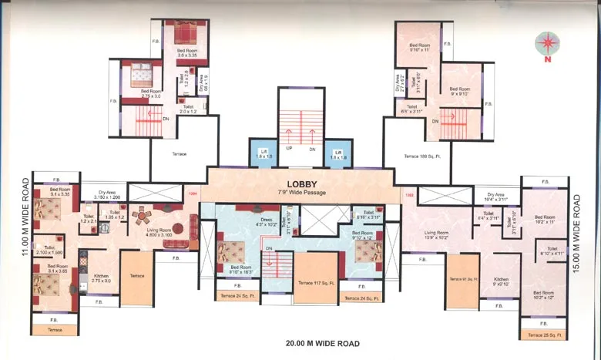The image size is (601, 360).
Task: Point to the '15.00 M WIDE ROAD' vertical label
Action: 576,230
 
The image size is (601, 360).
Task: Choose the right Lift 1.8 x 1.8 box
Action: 337,154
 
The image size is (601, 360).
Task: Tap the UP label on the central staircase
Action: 289,148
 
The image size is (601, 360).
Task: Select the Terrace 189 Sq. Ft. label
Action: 420,156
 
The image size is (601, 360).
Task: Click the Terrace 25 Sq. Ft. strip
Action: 544,335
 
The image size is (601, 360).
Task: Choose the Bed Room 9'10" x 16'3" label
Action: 230,270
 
